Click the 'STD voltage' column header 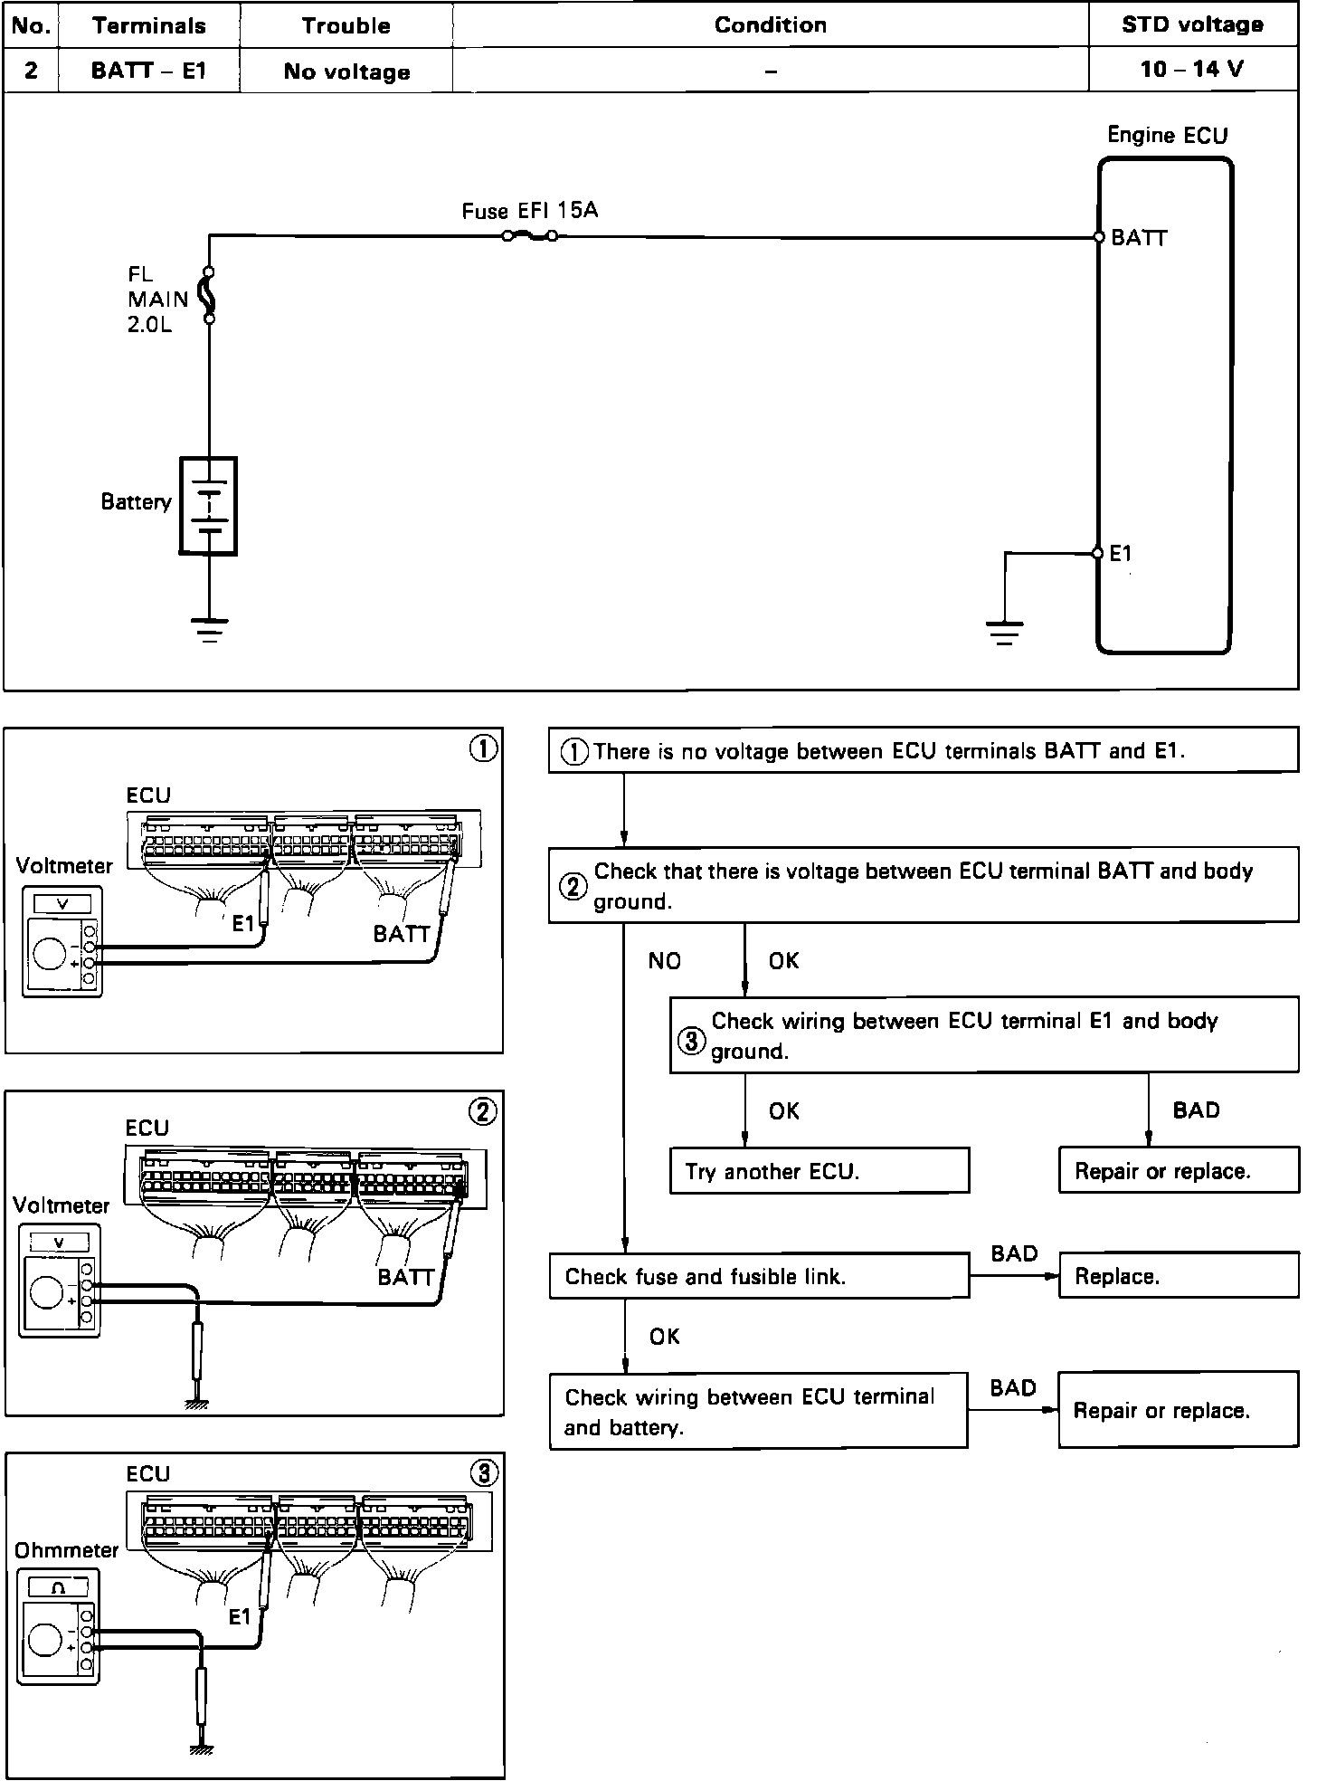click(1192, 24)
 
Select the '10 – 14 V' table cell click(1192, 70)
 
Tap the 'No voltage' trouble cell click(346, 71)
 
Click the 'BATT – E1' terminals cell click(149, 71)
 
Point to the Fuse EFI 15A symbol click(529, 236)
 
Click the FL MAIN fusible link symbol click(209, 295)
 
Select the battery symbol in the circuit click(209, 505)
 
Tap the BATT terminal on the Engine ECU click(1099, 237)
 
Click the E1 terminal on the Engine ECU click(1097, 553)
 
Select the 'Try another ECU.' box click(819, 1171)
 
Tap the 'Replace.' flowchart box click(1178, 1276)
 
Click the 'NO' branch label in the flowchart click(665, 961)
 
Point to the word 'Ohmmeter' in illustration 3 click(67, 1549)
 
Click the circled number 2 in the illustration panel click(482, 1111)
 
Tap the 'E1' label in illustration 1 click(242, 924)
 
